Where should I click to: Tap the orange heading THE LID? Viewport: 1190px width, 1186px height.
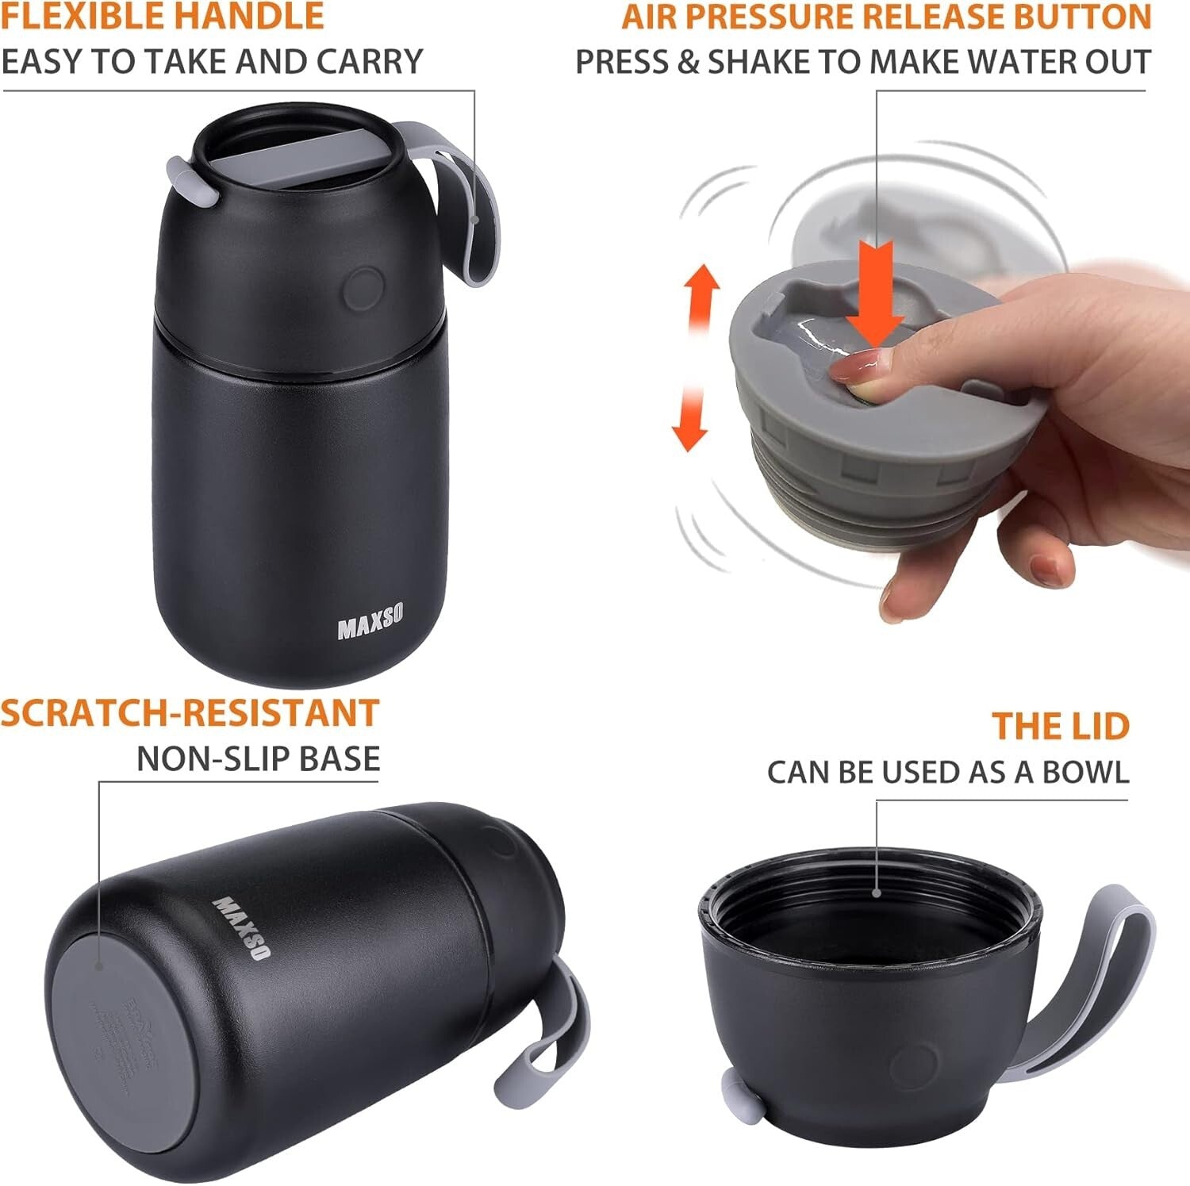coord(1060,726)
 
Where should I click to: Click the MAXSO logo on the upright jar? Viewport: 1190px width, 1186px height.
coord(370,621)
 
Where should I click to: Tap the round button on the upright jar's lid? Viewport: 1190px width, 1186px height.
coord(365,288)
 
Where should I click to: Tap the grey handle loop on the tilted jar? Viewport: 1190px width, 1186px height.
coord(547,1031)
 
